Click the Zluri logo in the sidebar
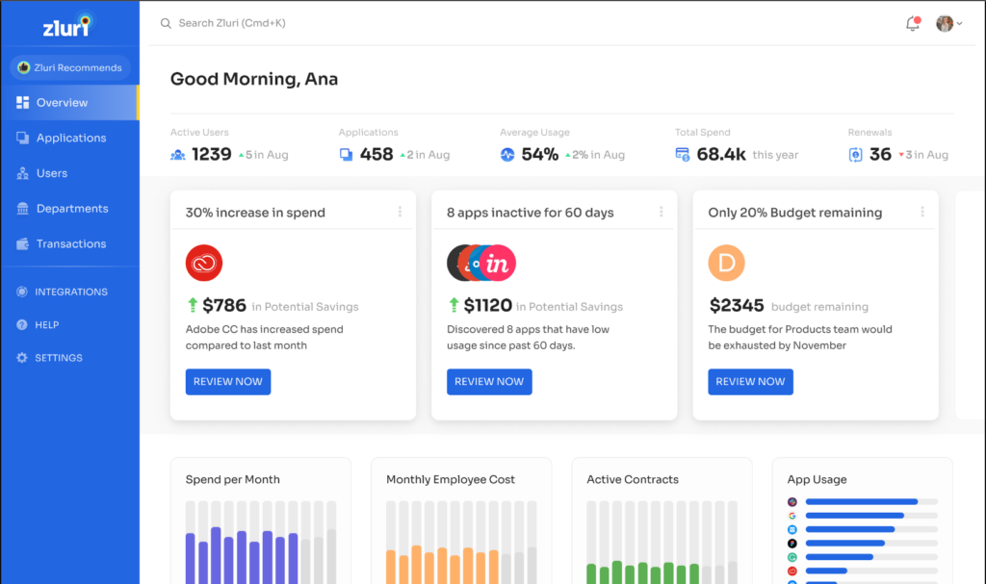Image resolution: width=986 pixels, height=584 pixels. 66,26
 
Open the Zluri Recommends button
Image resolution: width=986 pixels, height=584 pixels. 69,68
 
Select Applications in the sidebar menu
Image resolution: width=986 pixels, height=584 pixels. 70,138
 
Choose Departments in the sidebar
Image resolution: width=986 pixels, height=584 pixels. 71,209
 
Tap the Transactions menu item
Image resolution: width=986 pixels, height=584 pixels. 70,244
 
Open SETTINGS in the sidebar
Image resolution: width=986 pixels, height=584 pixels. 58,358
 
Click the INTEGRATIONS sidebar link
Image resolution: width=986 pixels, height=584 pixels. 70,292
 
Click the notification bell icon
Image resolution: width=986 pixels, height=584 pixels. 913,24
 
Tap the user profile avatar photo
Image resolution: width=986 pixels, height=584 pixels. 944,24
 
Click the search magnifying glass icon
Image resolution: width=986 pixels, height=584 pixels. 166,23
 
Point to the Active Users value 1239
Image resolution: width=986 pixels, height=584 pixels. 211,154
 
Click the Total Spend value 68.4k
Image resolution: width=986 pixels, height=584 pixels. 721,154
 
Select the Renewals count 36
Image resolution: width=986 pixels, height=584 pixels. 880,154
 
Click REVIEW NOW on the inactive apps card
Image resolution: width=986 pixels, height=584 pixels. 489,382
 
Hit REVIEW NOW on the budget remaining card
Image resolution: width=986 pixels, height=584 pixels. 750,382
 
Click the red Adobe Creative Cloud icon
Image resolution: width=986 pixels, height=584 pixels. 204,263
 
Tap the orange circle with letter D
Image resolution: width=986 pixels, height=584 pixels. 727,263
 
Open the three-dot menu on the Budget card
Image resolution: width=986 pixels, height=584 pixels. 922,212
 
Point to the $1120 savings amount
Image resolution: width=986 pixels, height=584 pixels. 487,306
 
